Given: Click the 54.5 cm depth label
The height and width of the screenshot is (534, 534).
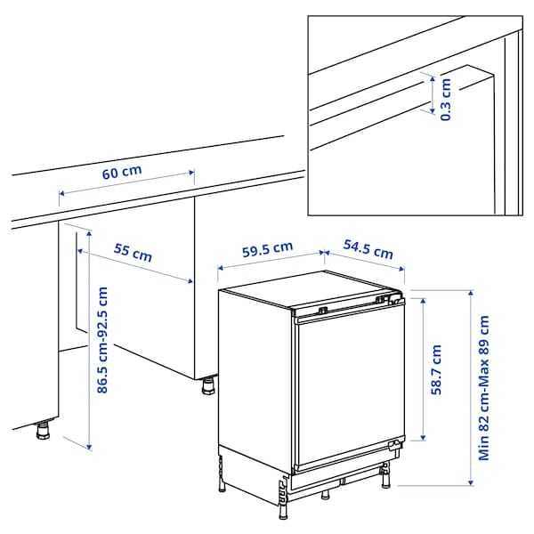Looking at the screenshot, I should (x=368, y=251).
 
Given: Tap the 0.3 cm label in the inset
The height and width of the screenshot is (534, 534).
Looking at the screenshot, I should (x=446, y=99).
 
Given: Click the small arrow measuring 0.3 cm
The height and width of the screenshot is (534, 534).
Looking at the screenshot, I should (x=432, y=96).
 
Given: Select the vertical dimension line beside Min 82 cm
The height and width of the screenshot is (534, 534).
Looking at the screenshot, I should (x=469, y=387).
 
